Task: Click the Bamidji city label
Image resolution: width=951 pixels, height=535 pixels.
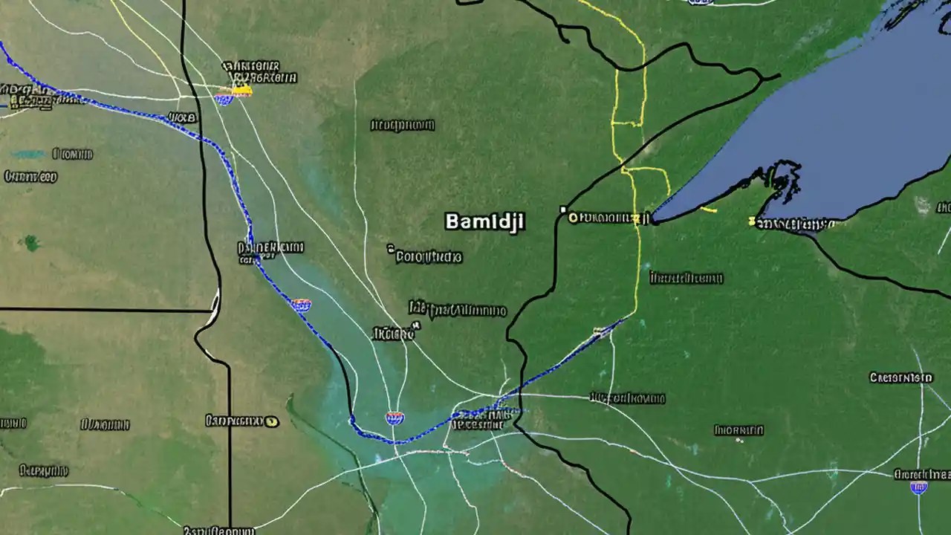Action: coord(484,221)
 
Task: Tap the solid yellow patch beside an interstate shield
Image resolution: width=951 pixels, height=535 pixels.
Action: coord(242,91)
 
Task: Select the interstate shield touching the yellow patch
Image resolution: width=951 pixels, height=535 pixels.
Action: coord(223,98)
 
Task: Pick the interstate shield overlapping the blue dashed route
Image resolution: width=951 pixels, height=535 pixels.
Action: coord(301,304)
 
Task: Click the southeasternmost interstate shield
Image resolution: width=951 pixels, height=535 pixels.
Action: coord(919,487)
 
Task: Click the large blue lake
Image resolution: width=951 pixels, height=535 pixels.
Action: coord(854,111)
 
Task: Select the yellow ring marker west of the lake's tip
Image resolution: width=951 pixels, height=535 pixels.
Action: coord(572,218)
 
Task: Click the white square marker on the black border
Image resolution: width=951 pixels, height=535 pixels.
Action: coord(563,210)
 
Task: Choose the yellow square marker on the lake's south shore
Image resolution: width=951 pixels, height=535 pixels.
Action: coord(752,221)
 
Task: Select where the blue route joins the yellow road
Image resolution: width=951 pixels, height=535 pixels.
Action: coord(623,320)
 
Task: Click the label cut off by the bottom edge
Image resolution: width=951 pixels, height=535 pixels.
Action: coord(219,531)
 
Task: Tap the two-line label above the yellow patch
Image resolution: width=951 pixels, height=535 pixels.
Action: coord(260,72)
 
